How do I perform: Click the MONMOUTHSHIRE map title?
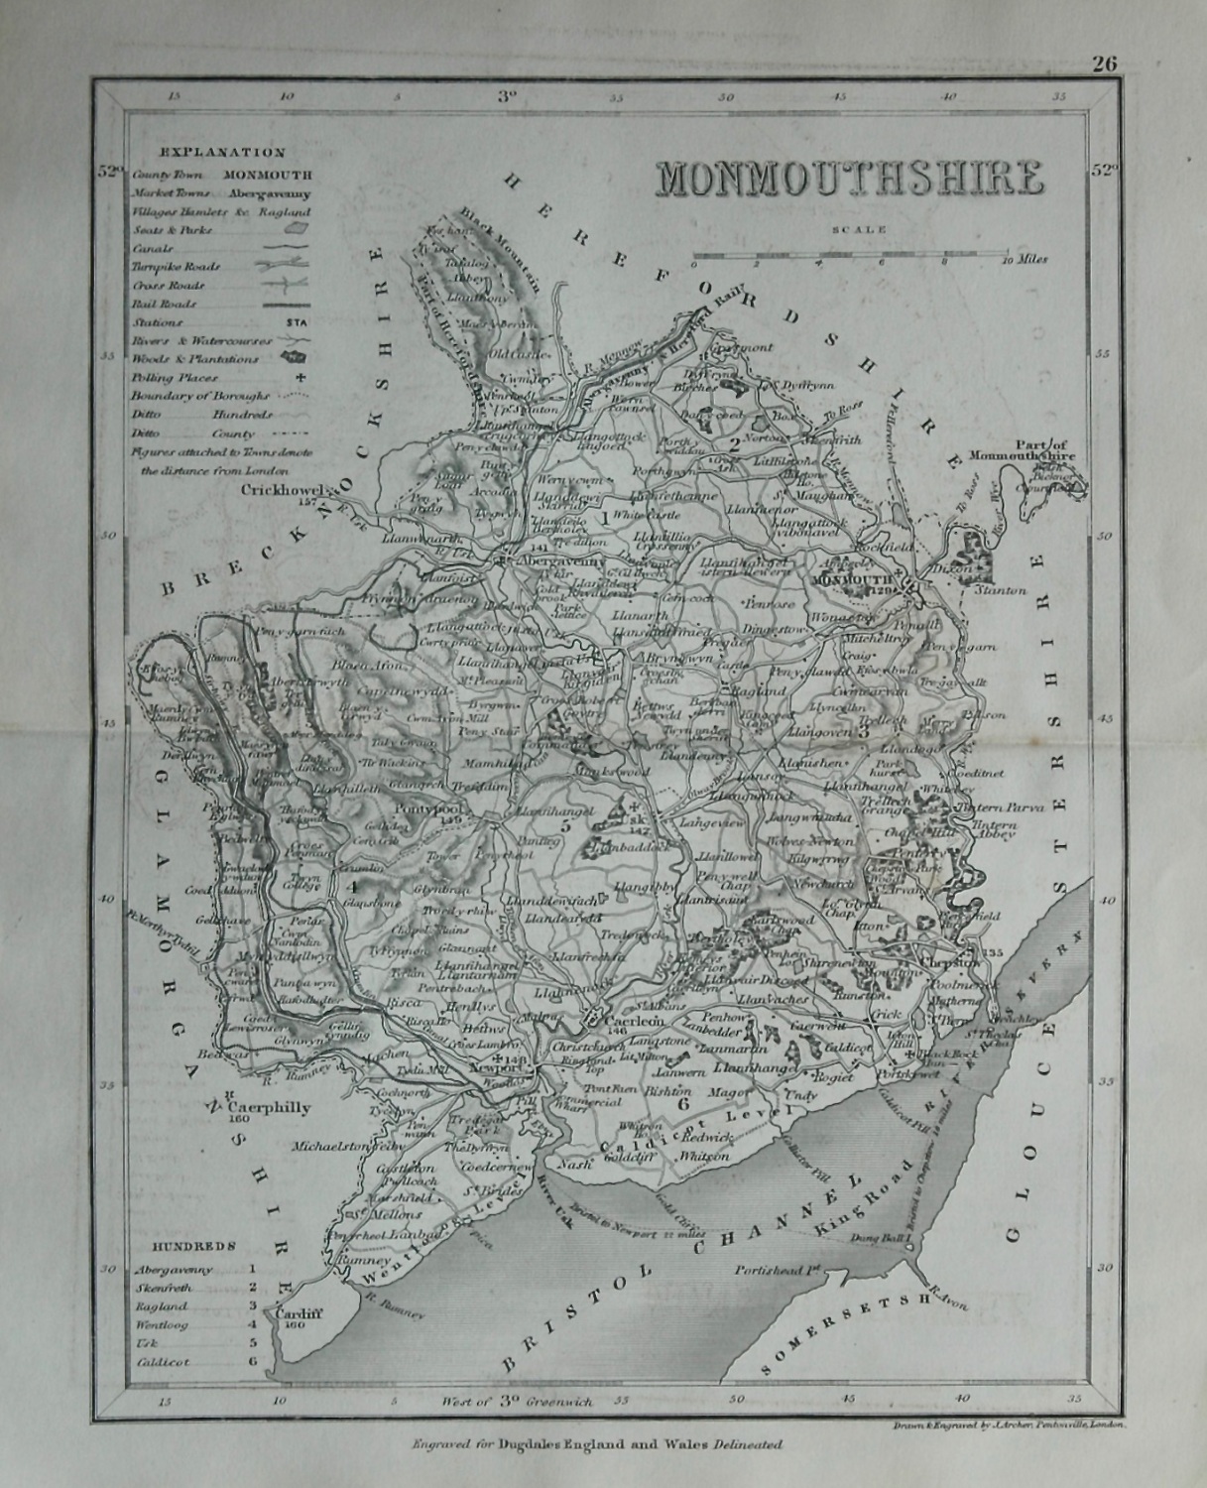click(x=848, y=179)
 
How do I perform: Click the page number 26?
click(x=1105, y=64)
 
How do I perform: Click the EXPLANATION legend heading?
click(x=222, y=153)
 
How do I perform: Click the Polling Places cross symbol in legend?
click(x=299, y=378)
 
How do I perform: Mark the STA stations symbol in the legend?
click(x=296, y=322)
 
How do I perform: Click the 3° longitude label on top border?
click(x=507, y=97)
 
